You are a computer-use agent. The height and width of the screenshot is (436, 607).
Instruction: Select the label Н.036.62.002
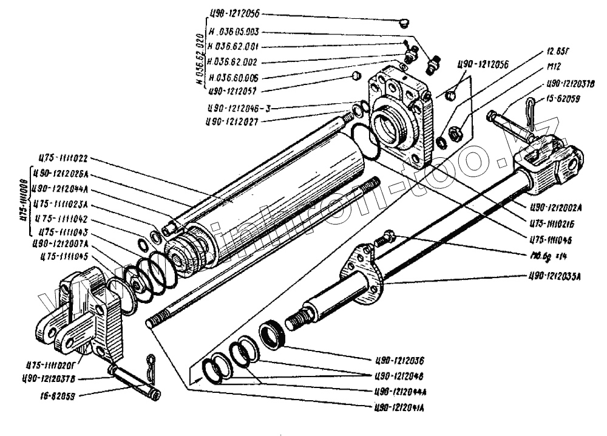pyautogui.click(x=233, y=62)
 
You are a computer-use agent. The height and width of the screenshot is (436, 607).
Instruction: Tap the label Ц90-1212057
pyautogui.click(x=232, y=92)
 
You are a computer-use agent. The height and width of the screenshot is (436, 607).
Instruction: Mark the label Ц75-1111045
pyautogui.click(x=63, y=256)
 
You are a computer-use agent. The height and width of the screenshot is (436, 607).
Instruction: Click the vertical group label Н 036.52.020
pyautogui.click(x=199, y=59)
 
